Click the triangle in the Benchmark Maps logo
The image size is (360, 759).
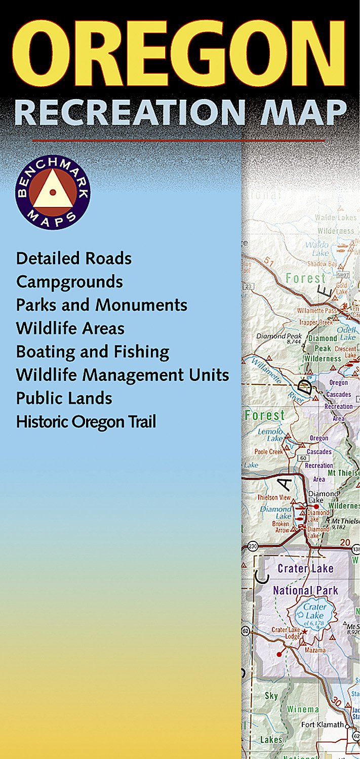click(53, 192)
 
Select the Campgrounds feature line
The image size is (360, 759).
click(69, 282)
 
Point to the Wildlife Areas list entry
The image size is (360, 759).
click(70, 328)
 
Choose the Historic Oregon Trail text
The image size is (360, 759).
click(86, 422)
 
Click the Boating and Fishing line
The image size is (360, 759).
click(92, 352)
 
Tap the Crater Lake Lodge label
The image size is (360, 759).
click(286, 632)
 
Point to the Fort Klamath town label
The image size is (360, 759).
click(322, 725)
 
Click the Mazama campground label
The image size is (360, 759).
click(314, 649)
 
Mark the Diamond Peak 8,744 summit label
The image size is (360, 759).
click(278, 339)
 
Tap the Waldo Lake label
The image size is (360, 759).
click(316, 248)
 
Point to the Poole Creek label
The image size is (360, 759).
click(269, 451)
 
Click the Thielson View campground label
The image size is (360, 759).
click(273, 497)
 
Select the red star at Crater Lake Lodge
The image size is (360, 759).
click(304, 631)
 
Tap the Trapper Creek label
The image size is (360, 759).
click(315, 322)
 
